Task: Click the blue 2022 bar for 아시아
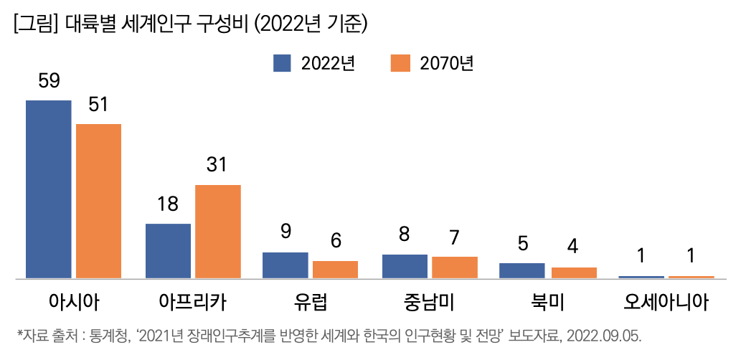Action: tap(49, 189)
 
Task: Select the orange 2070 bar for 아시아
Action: tap(98, 201)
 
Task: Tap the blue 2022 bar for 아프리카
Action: tap(168, 250)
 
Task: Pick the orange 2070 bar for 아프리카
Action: tap(218, 231)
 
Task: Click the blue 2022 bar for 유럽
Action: tap(285, 265)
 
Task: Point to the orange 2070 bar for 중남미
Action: tap(455, 267)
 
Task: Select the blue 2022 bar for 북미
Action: tap(521, 270)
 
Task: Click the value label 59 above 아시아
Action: tap(49, 82)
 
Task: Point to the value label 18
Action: tap(167, 204)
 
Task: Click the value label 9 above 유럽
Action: tap(285, 232)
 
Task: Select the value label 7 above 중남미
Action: tap(454, 237)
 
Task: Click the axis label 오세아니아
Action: tap(666, 302)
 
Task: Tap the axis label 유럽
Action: tap(310, 302)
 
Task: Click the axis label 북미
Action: tap(548, 302)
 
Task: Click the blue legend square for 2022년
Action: tap(282, 63)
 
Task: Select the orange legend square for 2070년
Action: tap(400, 63)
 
